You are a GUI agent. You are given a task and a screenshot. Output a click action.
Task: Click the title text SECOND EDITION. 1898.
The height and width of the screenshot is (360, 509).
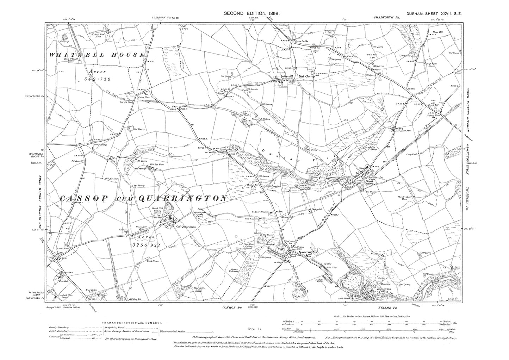[252, 13]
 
